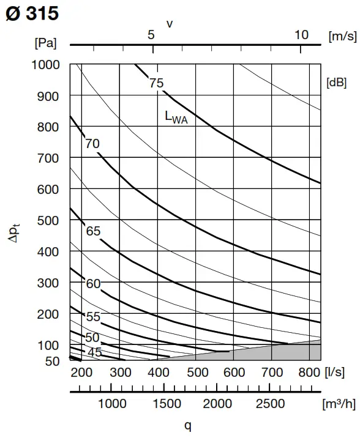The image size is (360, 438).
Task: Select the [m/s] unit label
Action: [342, 36]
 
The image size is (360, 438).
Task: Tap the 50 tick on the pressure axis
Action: [52, 361]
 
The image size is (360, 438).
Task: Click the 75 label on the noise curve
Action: [156, 83]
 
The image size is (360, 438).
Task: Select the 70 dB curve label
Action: [92, 144]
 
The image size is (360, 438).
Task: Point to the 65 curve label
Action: [93, 231]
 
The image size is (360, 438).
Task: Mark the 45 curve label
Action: [94, 352]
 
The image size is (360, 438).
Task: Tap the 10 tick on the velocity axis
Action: [301, 35]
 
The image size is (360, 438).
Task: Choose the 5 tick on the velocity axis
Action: [151, 35]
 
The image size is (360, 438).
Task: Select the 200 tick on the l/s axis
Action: [81, 373]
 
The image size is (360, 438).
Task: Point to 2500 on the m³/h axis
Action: [270, 404]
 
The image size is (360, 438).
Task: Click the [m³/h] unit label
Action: [339, 404]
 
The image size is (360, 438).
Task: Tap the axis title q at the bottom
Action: [188, 425]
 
